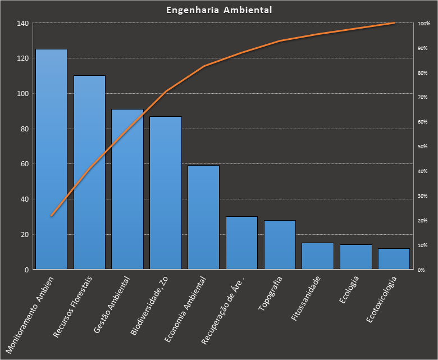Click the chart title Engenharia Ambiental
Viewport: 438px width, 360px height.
pos(219,10)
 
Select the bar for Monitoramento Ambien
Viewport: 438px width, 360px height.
pos(51,160)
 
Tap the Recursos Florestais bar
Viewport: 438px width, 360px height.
pos(89,172)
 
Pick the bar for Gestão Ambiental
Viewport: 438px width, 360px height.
pos(127,189)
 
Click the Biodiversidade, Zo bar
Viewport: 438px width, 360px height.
pos(165,193)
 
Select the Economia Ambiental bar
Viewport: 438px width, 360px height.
pos(203,217)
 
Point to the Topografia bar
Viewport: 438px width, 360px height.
pos(280,245)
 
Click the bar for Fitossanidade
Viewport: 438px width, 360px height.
pos(317,256)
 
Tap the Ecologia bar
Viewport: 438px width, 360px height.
pos(355,257)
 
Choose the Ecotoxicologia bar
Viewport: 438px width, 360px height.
pos(394,259)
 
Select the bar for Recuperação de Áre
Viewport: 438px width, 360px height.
pos(241,243)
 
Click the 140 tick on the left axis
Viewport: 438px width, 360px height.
pos(22,24)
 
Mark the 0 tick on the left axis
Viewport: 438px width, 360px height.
pos(26,270)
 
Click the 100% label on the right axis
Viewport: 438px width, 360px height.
pos(423,24)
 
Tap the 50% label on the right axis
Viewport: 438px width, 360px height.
pos(422,147)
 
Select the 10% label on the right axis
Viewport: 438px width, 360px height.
pos(422,245)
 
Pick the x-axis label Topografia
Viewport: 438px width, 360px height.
pos(271,293)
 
